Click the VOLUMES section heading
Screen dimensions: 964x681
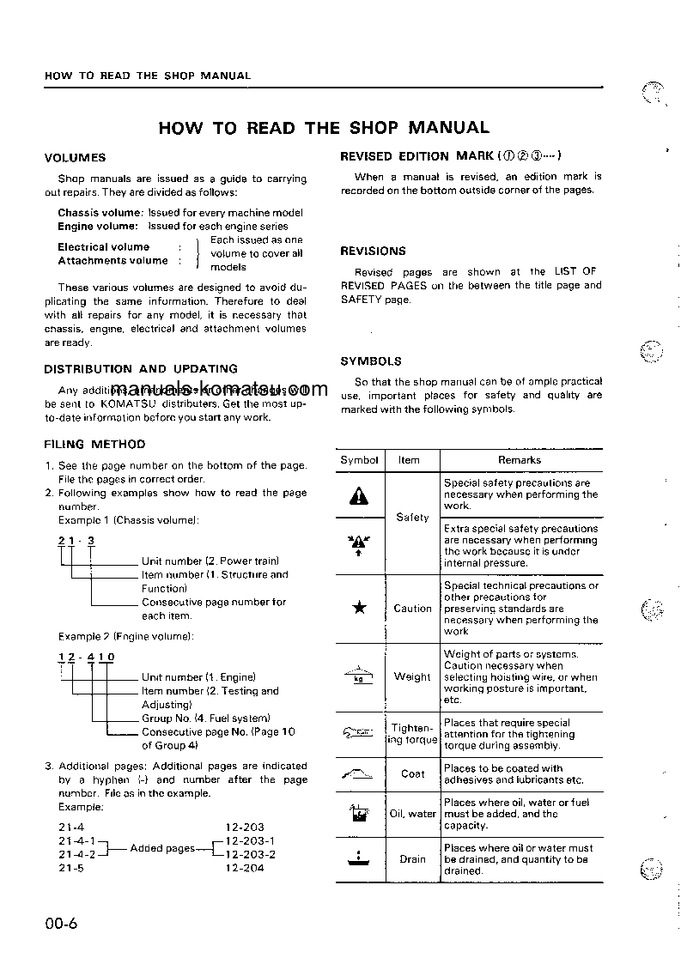click(75, 158)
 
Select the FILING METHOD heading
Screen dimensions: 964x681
click(94, 445)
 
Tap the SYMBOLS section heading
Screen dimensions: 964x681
click(370, 361)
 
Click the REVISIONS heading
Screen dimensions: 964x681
click(373, 252)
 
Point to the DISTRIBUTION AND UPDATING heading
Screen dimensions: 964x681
click(141, 369)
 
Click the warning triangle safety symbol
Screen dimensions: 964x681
click(359, 495)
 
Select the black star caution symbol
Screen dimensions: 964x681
click(359, 609)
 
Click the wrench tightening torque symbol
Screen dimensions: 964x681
click(359, 733)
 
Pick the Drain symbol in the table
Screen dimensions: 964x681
click(359, 858)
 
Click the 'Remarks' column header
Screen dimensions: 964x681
click(520, 460)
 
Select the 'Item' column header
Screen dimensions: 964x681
click(409, 460)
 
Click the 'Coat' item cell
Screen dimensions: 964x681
click(412, 773)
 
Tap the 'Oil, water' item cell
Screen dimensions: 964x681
click(412, 814)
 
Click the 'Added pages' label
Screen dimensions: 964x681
click(162, 848)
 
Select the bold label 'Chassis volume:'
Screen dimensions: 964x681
click(100, 213)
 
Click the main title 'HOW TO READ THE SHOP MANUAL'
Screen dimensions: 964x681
click(324, 128)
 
